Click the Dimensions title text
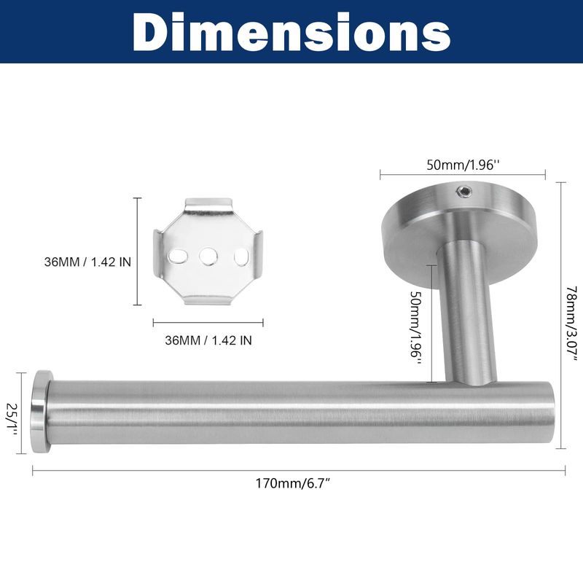291,32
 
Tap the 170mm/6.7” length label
293,484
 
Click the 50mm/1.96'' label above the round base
461,165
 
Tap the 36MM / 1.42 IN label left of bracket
87,262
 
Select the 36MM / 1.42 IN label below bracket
208,340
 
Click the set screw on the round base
464,192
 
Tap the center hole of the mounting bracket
208,257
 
